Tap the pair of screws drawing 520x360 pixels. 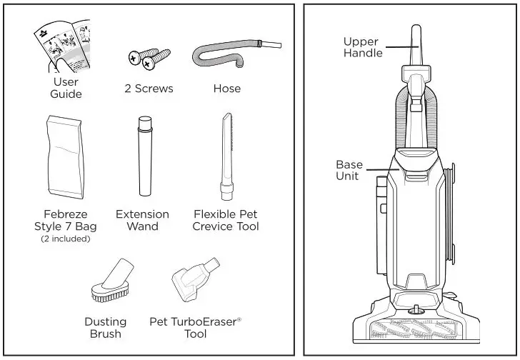[149, 59]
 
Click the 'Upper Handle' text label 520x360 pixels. [362, 47]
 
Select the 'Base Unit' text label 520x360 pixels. [349, 170]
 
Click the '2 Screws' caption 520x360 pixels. [149, 89]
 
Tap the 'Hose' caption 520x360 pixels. [226, 89]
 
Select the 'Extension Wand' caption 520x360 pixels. [143, 220]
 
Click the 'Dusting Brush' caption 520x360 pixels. [105, 328]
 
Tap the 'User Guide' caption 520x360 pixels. [66, 88]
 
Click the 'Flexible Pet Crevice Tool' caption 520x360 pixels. [225, 220]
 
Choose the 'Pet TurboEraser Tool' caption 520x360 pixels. [195, 328]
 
